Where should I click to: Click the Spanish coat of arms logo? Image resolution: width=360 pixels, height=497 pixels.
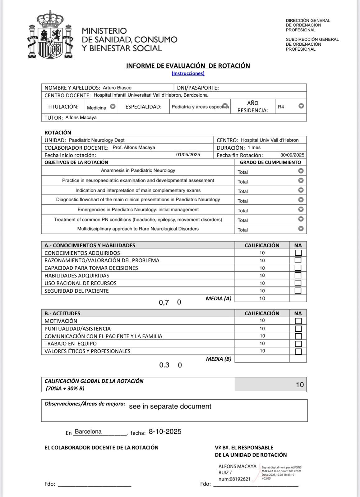pos(50,35)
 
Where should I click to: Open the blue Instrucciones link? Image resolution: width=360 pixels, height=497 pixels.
pos(188,74)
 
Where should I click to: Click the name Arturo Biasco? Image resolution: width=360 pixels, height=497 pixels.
pos(117,88)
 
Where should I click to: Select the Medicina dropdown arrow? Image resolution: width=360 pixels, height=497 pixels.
pos(113,107)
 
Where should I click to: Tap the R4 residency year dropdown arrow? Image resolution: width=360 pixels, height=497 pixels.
pos(301,106)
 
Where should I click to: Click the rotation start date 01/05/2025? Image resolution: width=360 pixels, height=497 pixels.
pos(188,155)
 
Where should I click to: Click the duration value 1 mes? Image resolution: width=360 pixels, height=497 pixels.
pos(254,148)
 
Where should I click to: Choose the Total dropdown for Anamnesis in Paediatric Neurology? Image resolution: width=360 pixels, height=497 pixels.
pos(301,171)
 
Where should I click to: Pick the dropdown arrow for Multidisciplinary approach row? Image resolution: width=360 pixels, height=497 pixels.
pos(301,229)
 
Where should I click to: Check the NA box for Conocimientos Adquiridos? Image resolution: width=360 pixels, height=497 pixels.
pos(298,253)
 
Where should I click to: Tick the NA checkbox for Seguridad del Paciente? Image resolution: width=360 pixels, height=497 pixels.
pos(298,291)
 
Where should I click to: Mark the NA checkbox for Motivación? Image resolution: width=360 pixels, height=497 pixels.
pos(298,321)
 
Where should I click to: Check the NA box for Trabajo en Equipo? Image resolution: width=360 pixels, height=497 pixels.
pos(298,344)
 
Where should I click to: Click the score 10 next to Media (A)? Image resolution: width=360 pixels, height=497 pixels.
pos(262,299)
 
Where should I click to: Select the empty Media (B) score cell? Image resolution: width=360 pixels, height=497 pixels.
pos(262,359)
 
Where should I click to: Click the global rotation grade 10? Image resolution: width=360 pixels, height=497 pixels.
pos(300,385)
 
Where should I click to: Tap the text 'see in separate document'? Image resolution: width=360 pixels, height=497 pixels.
pos(170,407)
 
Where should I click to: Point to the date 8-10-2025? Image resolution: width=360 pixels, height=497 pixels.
pos(165,432)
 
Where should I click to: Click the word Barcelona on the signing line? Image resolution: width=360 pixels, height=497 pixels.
pos(88,432)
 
